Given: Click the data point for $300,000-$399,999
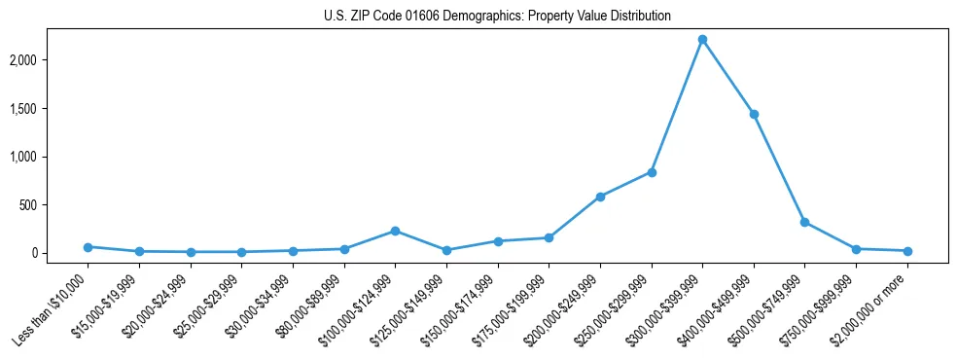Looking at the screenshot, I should click(x=702, y=40).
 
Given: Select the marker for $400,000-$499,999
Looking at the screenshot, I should click(x=754, y=114).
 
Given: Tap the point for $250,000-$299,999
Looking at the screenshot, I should click(x=652, y=172).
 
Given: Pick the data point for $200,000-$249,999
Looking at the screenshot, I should click(x=600, y=197).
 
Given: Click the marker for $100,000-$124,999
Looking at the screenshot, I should click(x=395, y=231).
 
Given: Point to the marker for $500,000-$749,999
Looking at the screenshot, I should click(x=804, y=222).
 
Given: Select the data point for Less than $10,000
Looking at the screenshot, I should click(x=88, y=247).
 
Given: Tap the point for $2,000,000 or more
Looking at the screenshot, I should click(x=907, y=251).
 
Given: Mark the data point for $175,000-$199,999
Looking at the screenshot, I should click(x=549, y=237).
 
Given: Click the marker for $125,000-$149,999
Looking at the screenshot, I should click(x=446, y=250).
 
